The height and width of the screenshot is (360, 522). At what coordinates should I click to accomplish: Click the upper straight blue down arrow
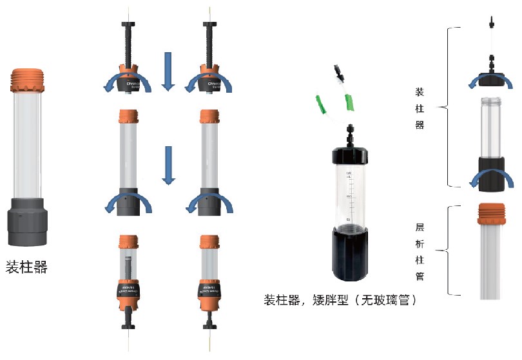168,71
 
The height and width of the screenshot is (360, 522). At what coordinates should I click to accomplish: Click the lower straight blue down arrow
168,166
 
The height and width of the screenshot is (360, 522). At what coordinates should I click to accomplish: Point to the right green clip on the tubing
351,102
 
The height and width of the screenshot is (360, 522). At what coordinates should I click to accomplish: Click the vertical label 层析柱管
420,251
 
